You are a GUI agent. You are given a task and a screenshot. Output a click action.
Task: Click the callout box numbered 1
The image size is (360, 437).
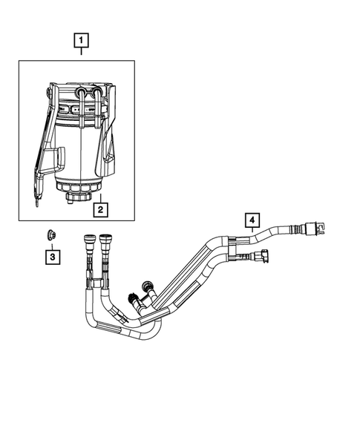click(x=81, y=41)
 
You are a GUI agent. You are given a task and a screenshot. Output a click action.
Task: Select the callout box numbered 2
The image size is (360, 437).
click(x=100, y=208)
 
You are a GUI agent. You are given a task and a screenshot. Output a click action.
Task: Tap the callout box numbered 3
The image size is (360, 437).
click(x=52, y=257)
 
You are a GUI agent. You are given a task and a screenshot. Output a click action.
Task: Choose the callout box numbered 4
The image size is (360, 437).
click(x=252, y=220)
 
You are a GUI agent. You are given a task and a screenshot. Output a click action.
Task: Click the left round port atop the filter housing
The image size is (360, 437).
click(x=81, y=93)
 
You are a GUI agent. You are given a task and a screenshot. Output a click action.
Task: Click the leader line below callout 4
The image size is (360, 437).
click(x=252, y=231)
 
